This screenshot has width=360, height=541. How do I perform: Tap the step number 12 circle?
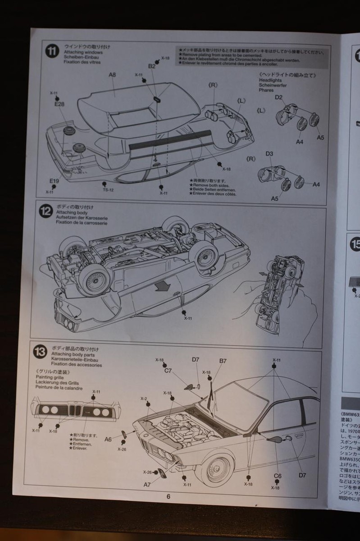click(46, 211)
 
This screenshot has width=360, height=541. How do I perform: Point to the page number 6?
click(169, 497)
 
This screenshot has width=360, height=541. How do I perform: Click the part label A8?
click(112, 75)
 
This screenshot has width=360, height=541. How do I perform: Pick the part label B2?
click(152, 66)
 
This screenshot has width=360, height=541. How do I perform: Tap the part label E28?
click(59, 104)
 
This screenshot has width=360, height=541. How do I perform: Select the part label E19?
click(54, 181)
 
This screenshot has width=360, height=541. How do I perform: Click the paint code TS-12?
click(108, 189)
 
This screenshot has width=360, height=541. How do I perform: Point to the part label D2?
click(279, 97)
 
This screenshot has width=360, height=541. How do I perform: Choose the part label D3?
click(269, 154)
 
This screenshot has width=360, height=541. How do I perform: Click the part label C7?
click(168, 370)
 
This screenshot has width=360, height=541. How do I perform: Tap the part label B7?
click(223, 361)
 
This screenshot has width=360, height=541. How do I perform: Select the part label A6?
click(108, 439)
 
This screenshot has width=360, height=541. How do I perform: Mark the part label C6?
click(278, 476)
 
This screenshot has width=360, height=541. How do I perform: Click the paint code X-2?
click(144, 399)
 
